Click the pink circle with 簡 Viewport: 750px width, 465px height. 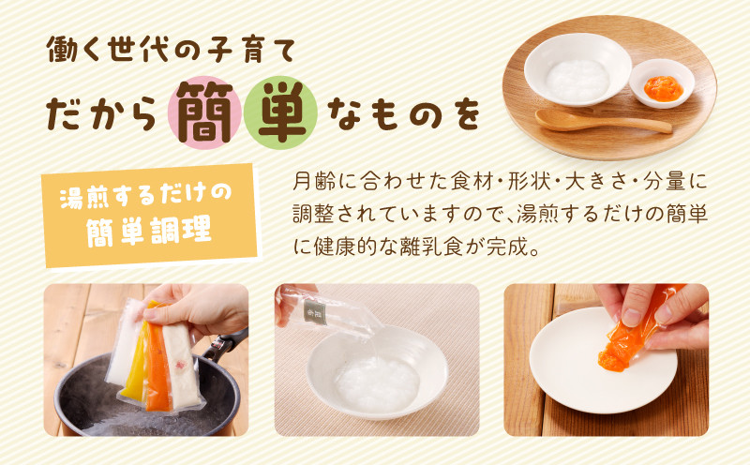[204, 112]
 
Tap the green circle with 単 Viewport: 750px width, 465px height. [280, 112]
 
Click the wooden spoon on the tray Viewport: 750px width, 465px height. [603, 121]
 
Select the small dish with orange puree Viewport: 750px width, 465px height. [662, 83]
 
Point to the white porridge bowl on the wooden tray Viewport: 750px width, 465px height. [577, 68]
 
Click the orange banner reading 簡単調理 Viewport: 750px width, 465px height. [150, 216]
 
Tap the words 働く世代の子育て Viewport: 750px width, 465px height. [171, 51]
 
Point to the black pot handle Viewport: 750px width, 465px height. [224, 343]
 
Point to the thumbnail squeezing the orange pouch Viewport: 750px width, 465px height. [632, 317]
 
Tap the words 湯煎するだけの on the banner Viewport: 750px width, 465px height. [145, 195]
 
